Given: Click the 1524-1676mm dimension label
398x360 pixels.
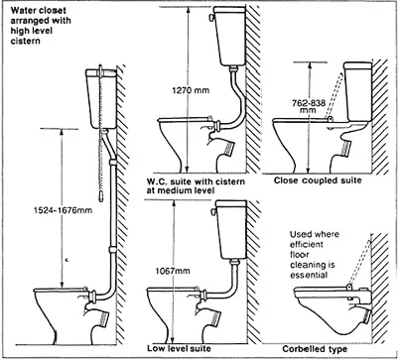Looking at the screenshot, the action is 63,210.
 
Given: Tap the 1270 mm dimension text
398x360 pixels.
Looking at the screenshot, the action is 191,90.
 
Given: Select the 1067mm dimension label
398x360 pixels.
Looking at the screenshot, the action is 173,271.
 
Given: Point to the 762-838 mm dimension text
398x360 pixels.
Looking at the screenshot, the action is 309,107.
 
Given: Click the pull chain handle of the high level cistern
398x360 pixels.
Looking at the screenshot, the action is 101,197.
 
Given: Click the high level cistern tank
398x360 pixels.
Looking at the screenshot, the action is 101,98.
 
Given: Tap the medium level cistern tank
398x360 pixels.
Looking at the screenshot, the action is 230,36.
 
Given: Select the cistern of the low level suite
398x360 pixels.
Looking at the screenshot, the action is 231,229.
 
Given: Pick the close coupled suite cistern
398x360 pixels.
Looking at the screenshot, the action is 358,91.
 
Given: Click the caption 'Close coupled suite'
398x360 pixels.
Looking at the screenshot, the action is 318,180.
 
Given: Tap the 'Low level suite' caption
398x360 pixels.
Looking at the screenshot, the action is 179,348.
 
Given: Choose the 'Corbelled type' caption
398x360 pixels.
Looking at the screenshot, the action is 315,349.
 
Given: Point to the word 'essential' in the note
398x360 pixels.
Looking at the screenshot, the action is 309,275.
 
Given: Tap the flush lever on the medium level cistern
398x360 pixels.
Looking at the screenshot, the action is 210,17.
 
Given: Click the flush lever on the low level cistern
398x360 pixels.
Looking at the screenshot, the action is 213,211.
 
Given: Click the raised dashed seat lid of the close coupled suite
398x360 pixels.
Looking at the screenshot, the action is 334,95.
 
